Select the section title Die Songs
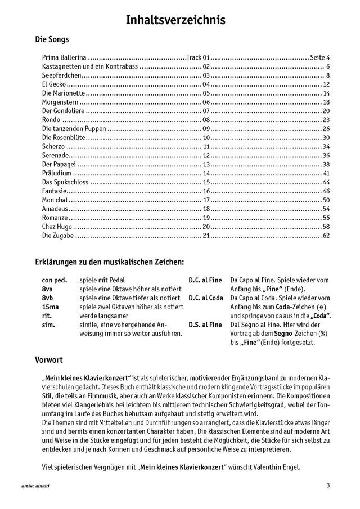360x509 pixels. click(x=52, y=40)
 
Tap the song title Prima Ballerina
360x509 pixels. click(x=64, y=57)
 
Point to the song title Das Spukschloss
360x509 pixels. click(x=63, y=182)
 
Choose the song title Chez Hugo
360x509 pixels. click(x=57, y=226)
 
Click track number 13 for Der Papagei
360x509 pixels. click(x=206, y=164)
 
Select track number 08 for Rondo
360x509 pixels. click(x=206, y=120)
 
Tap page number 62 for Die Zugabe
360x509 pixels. click(x=326, y=235)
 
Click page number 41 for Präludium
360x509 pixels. click(x=326, y=173)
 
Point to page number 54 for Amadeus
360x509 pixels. click(x=326, y=209)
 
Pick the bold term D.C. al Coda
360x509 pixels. click(x=206, y=298)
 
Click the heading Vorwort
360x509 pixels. click(x=49, y=358)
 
